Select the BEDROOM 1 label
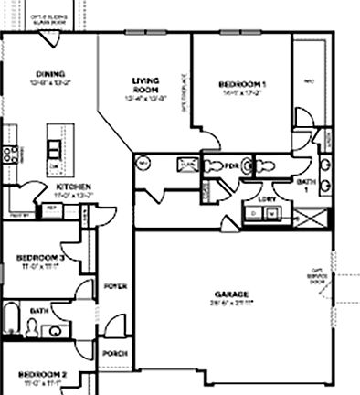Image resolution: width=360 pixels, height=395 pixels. pyautogui.click(x=239, y=82)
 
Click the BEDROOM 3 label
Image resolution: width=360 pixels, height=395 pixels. pyautogui.click(x=39, y=258)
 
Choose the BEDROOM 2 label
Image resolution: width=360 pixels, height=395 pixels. pyautogui.click(x=42, y=374)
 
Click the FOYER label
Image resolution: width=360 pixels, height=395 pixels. pyautogui.click(x=115, y=285)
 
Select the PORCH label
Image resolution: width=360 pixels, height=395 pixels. pyautogui.click(x=114, y=353)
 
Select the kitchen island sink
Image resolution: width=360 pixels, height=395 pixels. pyautogui.click(x=55, y=148)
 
